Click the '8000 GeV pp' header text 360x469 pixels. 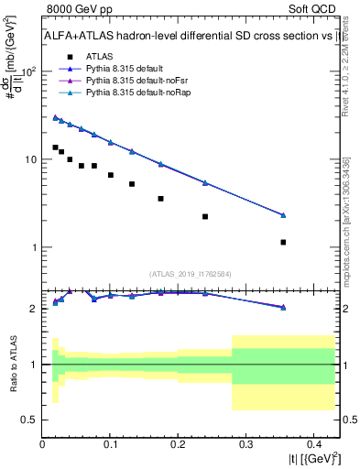79,11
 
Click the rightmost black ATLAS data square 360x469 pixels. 283,242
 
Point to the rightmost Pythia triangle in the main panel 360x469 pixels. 283,215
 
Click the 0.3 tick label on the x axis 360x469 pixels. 245,445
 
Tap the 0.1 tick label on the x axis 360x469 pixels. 110,445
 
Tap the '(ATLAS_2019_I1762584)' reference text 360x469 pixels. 191,273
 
